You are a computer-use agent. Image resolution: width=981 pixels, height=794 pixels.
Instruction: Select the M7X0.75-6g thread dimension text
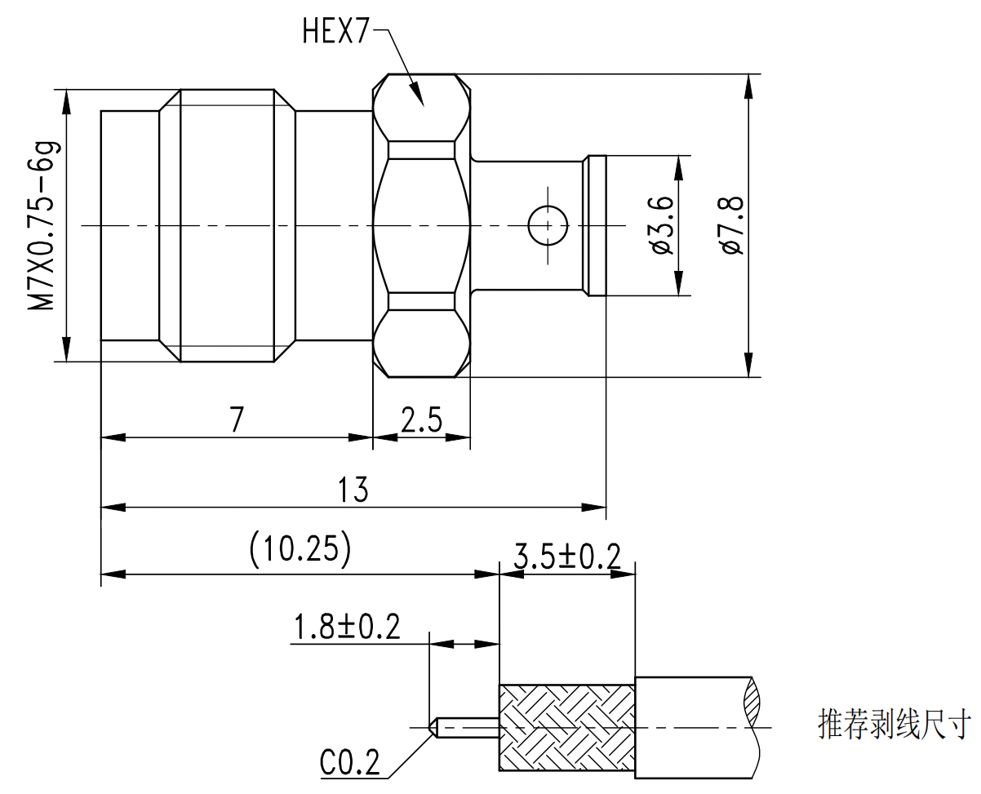coord(45,225)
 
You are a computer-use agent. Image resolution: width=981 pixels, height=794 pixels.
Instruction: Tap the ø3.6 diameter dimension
coord(662,225)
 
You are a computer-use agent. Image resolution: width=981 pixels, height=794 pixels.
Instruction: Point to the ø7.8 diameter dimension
coord(731,225)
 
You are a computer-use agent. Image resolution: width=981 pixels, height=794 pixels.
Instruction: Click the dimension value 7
coord(237,419)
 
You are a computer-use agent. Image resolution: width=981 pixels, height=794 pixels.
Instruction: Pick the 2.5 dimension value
coord(421,421)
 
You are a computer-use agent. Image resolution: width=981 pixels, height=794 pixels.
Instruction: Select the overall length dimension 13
coord(354,490)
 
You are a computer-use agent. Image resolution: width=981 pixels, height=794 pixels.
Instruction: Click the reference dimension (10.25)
coord(300,549)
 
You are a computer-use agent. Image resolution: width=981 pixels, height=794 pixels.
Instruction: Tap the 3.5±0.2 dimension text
coord(567,557)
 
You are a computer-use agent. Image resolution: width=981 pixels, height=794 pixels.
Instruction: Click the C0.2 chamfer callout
coord(349,764)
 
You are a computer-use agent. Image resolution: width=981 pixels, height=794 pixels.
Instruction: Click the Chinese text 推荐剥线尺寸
coord(894,724)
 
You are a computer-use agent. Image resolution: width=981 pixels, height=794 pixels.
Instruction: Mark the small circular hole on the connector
coord(547,225)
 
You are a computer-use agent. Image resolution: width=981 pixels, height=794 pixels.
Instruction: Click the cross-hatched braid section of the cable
coord(566,726)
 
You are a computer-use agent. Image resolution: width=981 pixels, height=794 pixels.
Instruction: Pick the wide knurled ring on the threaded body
coord(227,225)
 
